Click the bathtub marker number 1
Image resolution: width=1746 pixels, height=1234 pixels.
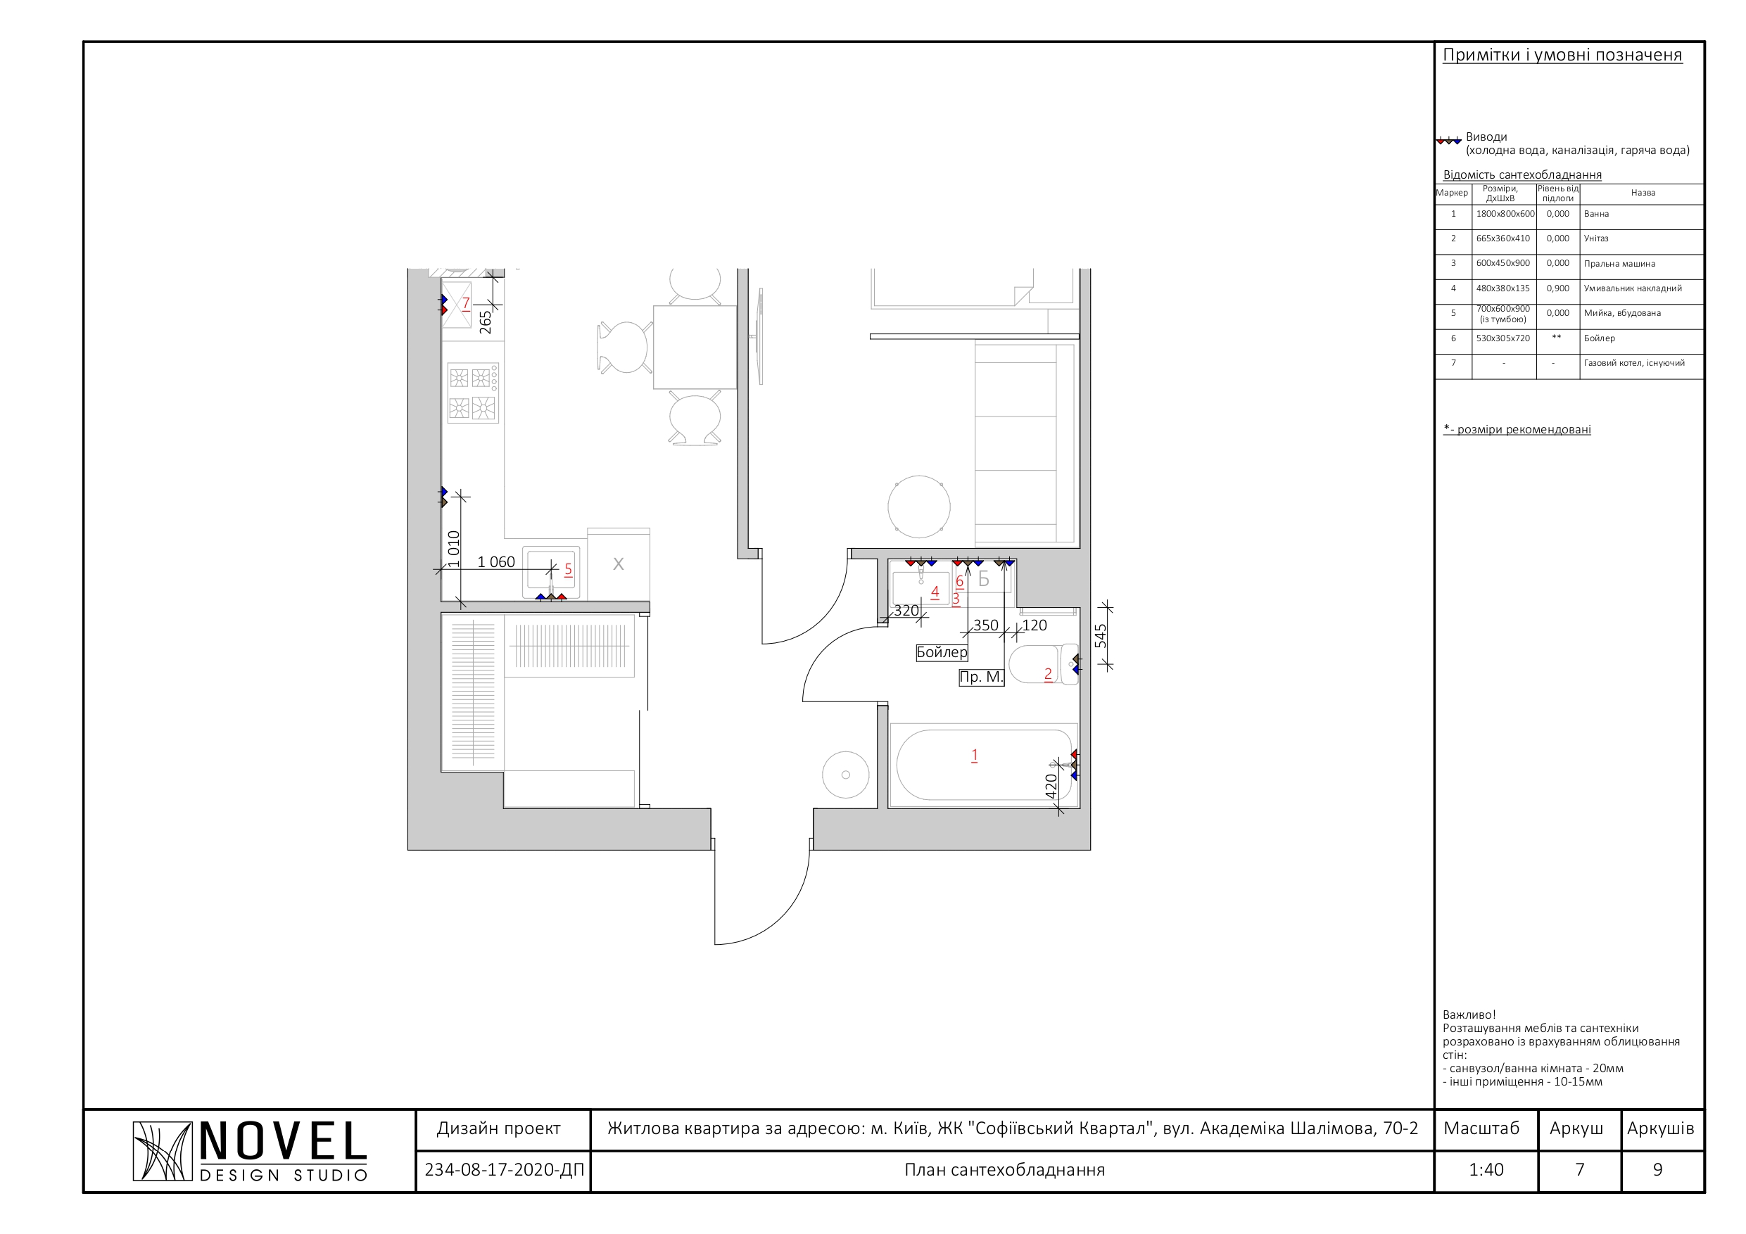point(974,755)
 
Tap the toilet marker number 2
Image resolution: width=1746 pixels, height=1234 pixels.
point(1048,674)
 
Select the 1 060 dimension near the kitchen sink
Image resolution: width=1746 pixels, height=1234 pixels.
point(496,562)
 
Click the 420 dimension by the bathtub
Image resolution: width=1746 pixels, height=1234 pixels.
point(1051,786)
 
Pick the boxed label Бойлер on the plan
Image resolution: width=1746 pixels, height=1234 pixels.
point(942,652)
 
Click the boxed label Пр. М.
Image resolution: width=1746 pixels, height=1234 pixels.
point(981,677)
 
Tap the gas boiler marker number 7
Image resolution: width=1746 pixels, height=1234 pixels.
point(466,303)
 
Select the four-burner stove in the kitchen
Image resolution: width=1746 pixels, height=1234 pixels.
point(472,393)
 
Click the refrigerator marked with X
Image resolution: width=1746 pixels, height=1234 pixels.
point(619,564)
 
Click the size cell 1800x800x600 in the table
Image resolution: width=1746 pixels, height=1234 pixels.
point(1505,214)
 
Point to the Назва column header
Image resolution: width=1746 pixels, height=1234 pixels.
point(1643,193)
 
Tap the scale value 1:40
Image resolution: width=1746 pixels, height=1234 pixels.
point(1486,1169)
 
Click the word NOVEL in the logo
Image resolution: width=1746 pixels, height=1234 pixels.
point(283,1142)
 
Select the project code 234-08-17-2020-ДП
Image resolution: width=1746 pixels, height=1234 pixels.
point(504,1169)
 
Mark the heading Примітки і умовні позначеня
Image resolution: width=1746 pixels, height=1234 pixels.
point(1562,55)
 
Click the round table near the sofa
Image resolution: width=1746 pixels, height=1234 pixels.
point(918,507)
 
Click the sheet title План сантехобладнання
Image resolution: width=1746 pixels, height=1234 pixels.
point(1004,1169)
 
